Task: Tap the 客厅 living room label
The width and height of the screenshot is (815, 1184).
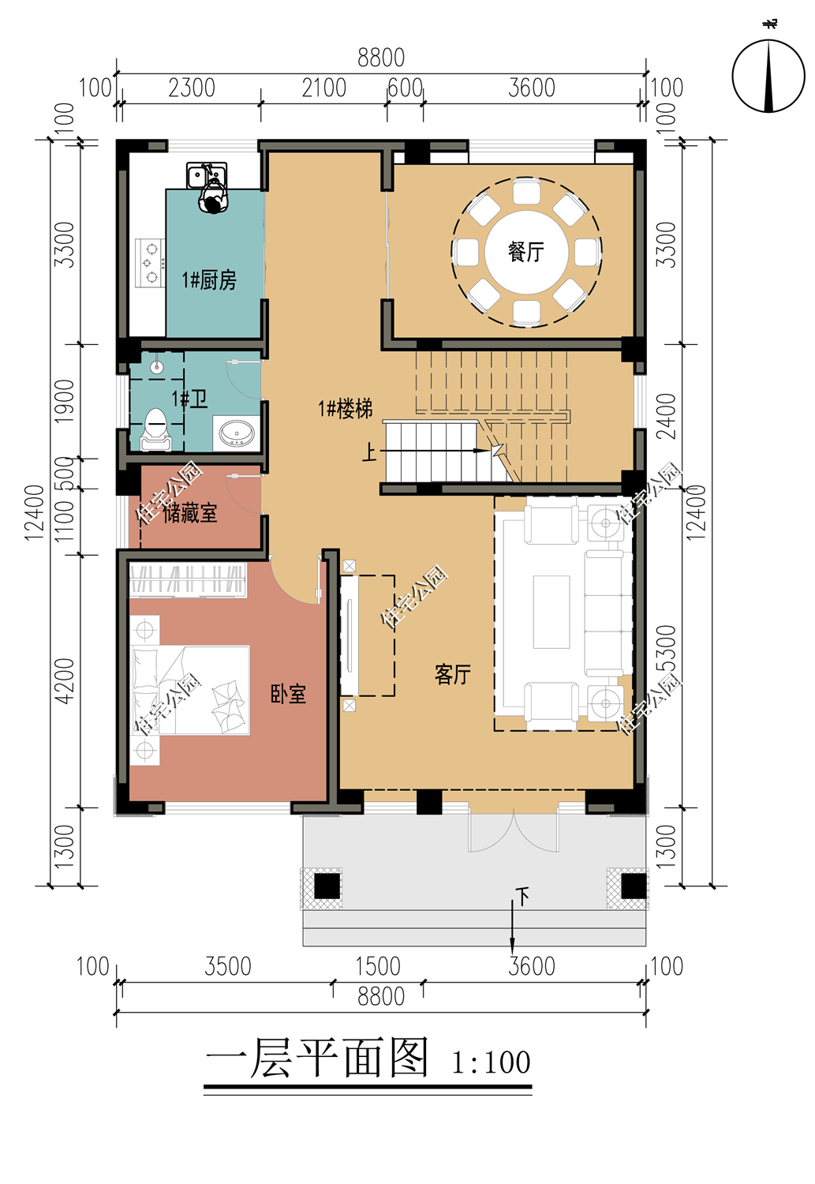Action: coord(452,674)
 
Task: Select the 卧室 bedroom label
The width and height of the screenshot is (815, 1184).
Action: coord(288,694)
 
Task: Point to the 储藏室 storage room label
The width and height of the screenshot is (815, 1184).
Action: coord(189,513)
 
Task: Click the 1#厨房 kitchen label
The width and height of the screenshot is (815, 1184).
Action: coord(209,279)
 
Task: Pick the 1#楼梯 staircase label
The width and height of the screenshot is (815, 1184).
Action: coord(346,409)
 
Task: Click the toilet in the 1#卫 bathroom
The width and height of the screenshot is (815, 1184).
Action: coord(155,429)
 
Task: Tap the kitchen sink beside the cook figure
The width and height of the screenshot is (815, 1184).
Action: coord(207,175)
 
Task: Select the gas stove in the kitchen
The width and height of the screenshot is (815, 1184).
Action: coord(150,263)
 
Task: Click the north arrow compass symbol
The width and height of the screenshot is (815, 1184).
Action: coord(768,76)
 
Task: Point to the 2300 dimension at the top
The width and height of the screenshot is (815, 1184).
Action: coord(191,88)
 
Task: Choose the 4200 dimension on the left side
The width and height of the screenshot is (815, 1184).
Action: coord(65,680)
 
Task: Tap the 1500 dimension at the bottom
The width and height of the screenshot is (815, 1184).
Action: coord(377,966)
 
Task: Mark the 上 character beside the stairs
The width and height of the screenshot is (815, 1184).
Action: coord(369,453)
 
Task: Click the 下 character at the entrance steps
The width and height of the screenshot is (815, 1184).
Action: coord(522,896)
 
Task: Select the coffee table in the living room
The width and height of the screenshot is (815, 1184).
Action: coord(551,612)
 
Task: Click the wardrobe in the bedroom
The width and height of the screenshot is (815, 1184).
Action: coord(188,580)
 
